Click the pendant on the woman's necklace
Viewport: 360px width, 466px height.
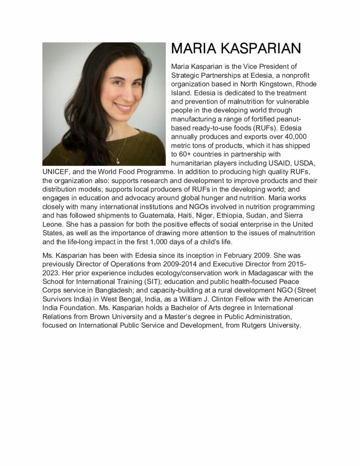117,160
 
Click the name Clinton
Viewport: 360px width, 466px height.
249,299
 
